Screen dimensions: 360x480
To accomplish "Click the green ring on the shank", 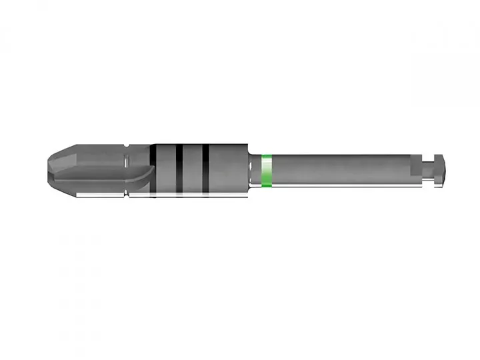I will pyautogui.click(x=267, y=170).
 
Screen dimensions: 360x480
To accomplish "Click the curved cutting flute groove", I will pyautogui.click(x=100, y=177).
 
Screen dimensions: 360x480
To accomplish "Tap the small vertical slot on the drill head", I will pyautogui.click(x=127, y=160).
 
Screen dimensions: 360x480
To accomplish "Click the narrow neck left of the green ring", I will pyautogui.click(x=255, y=171).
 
